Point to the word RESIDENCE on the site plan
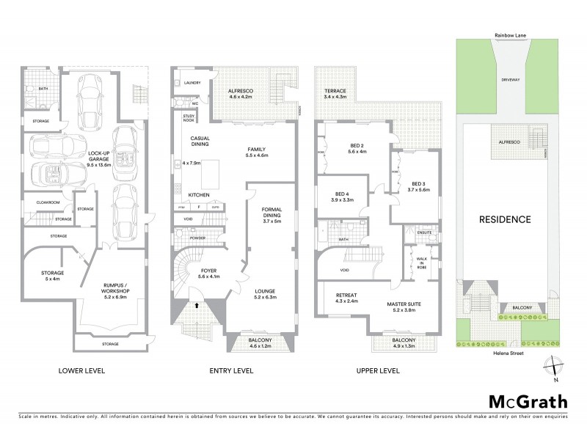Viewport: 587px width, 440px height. click(505, 219)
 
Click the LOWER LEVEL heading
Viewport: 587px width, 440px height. click(81, 371)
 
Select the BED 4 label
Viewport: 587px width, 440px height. click(343, 197)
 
